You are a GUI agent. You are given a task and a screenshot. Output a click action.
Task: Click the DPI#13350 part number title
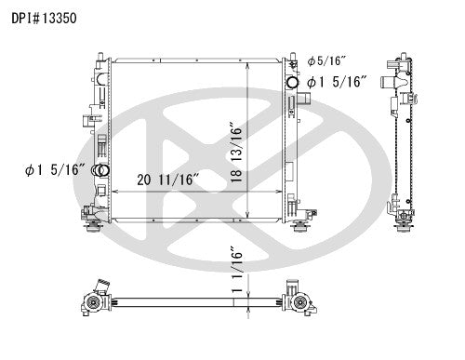pos(44,18)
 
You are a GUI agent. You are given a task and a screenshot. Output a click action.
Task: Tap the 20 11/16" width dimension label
pos(168,180)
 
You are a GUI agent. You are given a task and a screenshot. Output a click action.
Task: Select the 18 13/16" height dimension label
pos(236,153)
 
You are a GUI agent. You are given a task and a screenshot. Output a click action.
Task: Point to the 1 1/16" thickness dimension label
pos(236,270)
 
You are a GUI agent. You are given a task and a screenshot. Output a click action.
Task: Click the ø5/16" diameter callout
pos(326,61)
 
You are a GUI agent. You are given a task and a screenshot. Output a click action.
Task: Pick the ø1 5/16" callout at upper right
pos(338,82)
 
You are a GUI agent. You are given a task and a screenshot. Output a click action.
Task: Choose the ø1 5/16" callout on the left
pos(56,170)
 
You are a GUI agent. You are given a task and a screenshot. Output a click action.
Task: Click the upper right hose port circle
pos(292,82)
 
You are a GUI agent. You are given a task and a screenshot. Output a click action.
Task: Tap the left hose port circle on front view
pos(103,170)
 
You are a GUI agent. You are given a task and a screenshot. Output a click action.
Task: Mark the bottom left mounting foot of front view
pos(93,228)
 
